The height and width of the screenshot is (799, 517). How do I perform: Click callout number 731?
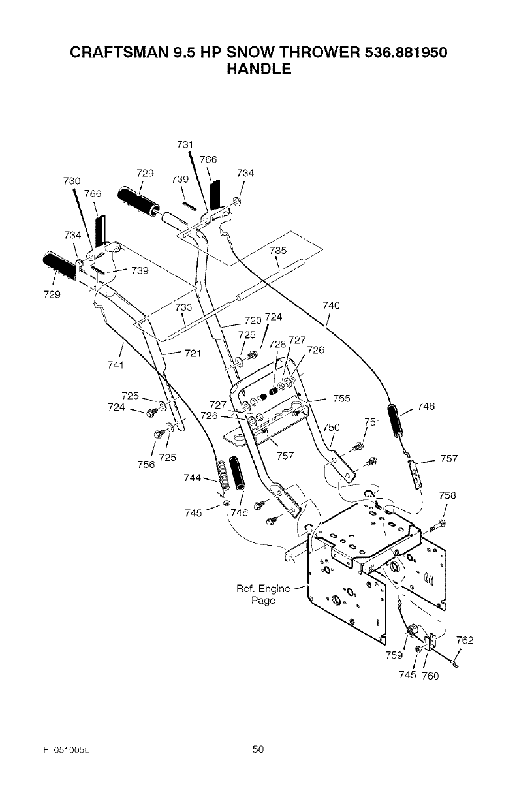(185, 144)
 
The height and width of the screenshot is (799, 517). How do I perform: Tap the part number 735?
(277, 251)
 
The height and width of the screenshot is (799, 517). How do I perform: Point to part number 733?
(184, 307)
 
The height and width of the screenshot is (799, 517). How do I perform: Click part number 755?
(341, 398)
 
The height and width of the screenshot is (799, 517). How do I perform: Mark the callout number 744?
(194, 477)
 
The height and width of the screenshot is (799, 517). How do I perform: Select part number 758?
(448, 495)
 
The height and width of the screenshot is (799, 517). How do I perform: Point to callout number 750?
(332, 427)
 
